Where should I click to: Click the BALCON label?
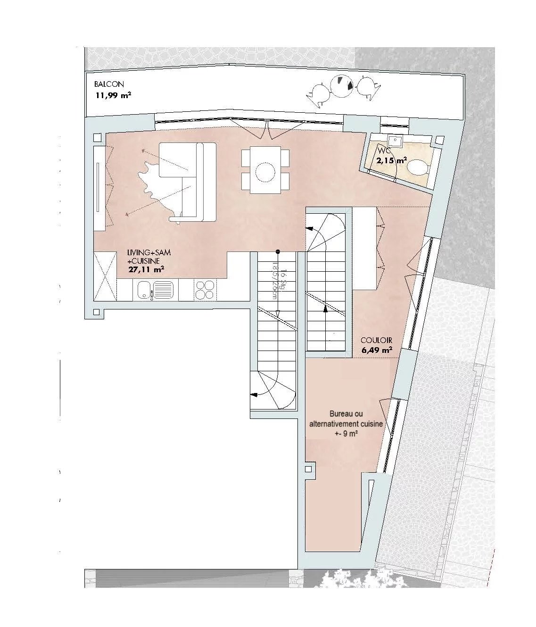[109, 84]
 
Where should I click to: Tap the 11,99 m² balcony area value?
[113, 95]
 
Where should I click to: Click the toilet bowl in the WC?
[418, 167]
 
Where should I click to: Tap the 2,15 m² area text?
[391, 160]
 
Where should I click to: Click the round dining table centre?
[265, 171]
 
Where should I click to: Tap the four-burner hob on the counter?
[205, 290]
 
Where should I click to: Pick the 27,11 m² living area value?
[146, 270]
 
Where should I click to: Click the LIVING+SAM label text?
[149, 253]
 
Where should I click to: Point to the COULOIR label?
[376, 340]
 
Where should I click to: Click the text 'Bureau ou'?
[346, 414]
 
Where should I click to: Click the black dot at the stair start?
[278, 251]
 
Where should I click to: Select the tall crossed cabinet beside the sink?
[105, 276]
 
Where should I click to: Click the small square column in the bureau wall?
[309, 470]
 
